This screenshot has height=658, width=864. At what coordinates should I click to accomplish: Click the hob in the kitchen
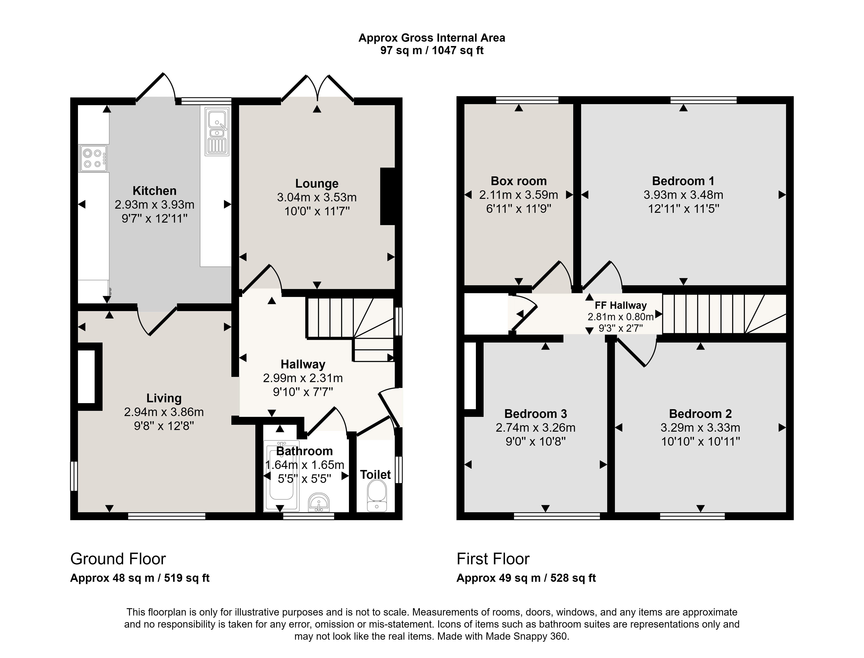(x=93, y=158)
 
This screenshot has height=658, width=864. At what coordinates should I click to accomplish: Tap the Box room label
(x=519, y=181)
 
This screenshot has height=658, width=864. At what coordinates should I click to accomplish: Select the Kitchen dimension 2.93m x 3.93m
(x=154, y=204)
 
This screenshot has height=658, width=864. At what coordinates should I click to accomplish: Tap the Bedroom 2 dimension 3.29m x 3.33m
(x=700, y=428)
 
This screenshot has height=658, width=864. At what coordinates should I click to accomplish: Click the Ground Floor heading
(x=118, y=559)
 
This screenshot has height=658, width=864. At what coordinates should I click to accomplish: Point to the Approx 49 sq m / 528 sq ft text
(x=526, y=578)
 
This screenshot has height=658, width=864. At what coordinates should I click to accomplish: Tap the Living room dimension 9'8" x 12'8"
(x=164, y=426)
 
